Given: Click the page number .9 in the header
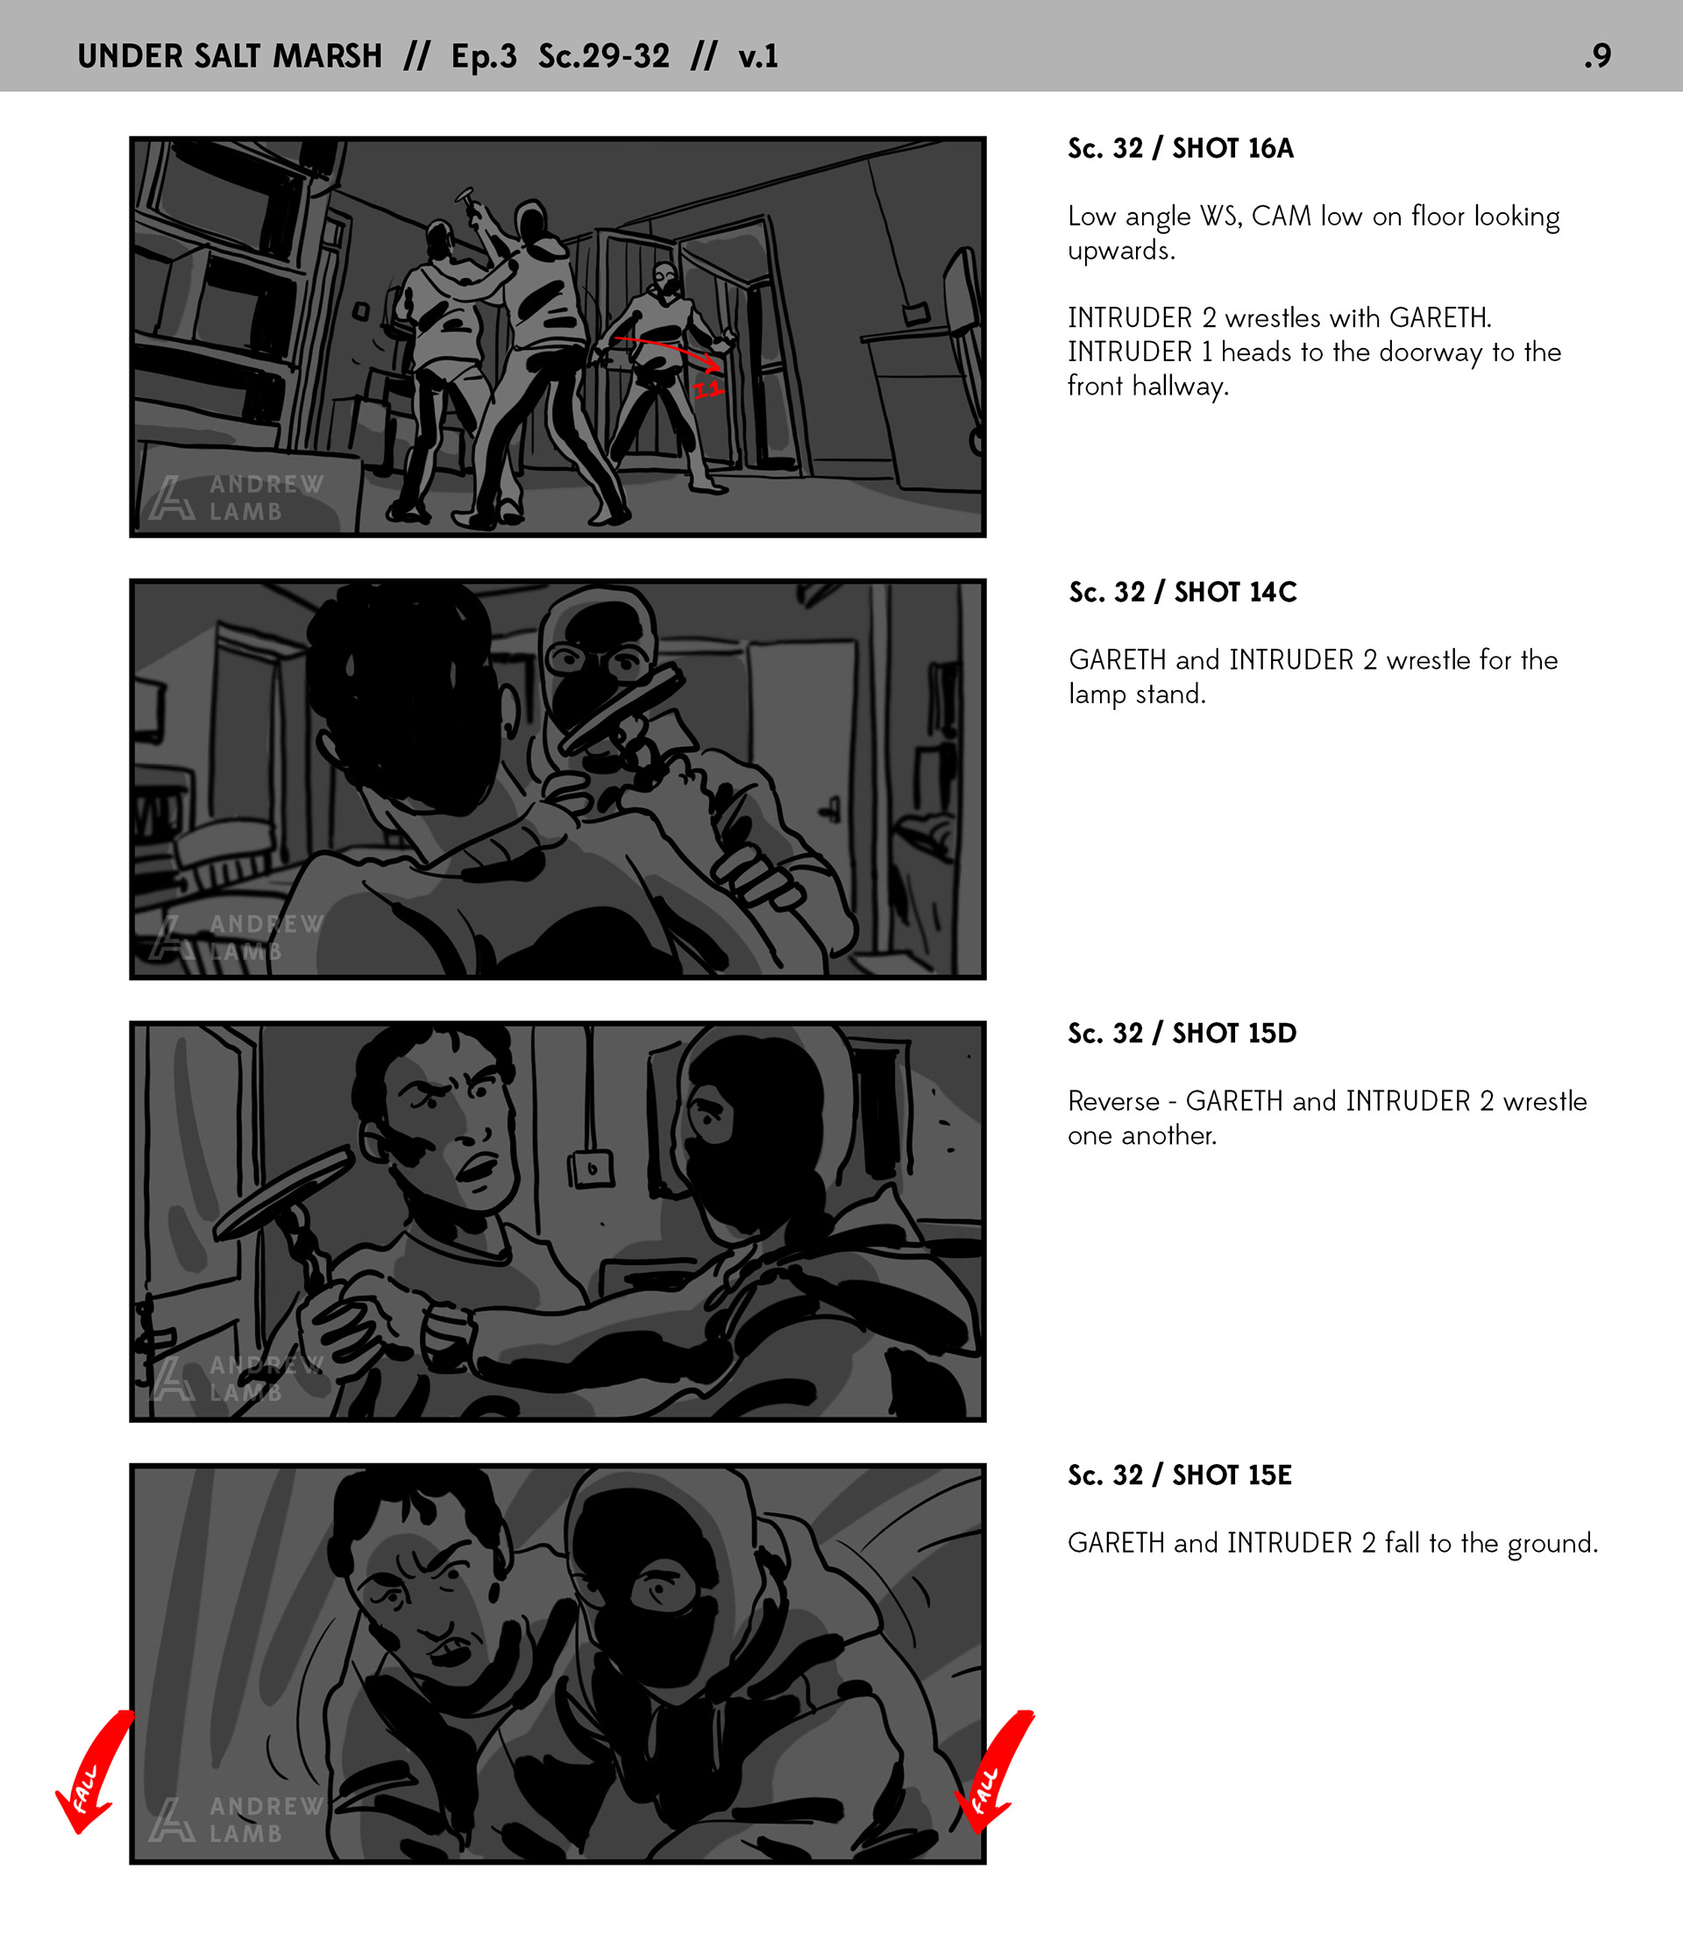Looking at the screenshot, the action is point(1596,56).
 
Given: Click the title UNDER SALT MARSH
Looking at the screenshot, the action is point(230,56).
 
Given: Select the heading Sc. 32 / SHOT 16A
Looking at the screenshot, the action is point(1180,148).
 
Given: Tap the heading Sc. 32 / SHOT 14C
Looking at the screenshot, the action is point(1182,593).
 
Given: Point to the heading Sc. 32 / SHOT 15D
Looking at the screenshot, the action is point(1182,1034).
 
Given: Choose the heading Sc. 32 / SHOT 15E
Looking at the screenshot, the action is point(1179,1475).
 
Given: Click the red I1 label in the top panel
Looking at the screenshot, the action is point(708,388).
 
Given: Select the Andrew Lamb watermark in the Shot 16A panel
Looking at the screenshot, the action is point(236,497).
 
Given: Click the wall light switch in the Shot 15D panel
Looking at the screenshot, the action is point(592,1169).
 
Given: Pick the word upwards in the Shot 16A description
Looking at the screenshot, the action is point(1121,252).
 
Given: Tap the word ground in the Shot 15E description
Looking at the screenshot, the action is point(1552,1544).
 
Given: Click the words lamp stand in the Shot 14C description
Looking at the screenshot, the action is point(1137,694).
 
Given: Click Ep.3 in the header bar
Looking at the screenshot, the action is point(483,56).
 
